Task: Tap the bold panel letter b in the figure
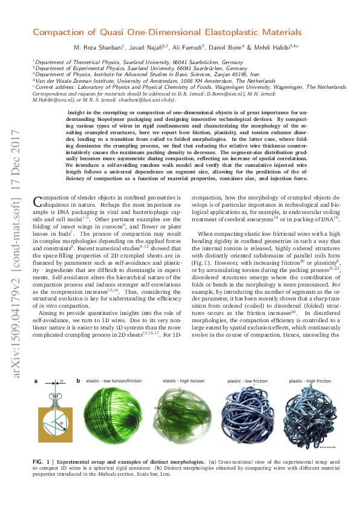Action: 77,381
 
